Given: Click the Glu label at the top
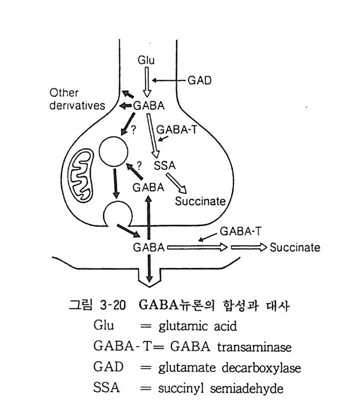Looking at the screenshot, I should click(x=146, y=61).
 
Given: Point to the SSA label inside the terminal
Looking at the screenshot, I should click(x=165, y=166).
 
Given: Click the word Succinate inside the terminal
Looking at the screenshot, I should click(x=200, y=200).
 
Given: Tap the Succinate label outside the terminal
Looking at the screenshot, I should click(x=294, y=248).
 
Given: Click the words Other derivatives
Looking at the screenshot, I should click(x=77, y=99).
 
